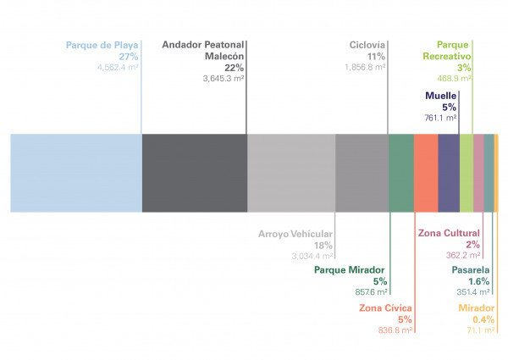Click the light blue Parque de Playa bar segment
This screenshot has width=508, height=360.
tap(75, 173)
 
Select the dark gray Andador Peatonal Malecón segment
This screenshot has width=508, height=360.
tap(194, 173)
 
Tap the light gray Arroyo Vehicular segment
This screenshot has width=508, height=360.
tap(291, 173)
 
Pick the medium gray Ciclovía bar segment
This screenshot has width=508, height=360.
tap(362, 173)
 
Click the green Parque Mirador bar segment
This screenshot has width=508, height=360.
tap(401, 173)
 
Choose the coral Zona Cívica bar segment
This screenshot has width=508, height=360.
tap(426, 173)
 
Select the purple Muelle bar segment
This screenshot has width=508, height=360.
tap(449, 173)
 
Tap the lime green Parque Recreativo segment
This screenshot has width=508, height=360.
tap(467, 173)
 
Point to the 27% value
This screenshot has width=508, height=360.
tap(129, 56)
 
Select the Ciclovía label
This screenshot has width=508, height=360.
tap(367, 45)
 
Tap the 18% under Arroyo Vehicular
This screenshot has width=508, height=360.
tap(323, 245)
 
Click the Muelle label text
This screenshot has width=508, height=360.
tap(440, 96)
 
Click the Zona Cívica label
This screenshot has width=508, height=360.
tap(386, 307)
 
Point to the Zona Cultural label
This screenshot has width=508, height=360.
tap(449, 233)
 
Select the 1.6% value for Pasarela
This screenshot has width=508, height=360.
tap(478, 281)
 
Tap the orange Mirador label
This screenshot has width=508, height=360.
tap(477, 307)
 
